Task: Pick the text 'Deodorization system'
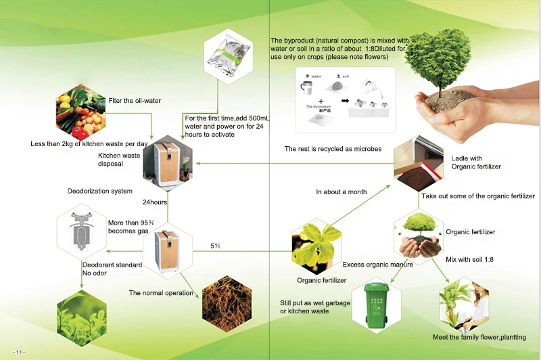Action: (100, 192)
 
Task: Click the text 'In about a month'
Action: (342, 192)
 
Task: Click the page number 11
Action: (18, 351)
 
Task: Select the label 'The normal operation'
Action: (161, 293)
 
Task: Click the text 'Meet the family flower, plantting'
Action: (479, 337)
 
